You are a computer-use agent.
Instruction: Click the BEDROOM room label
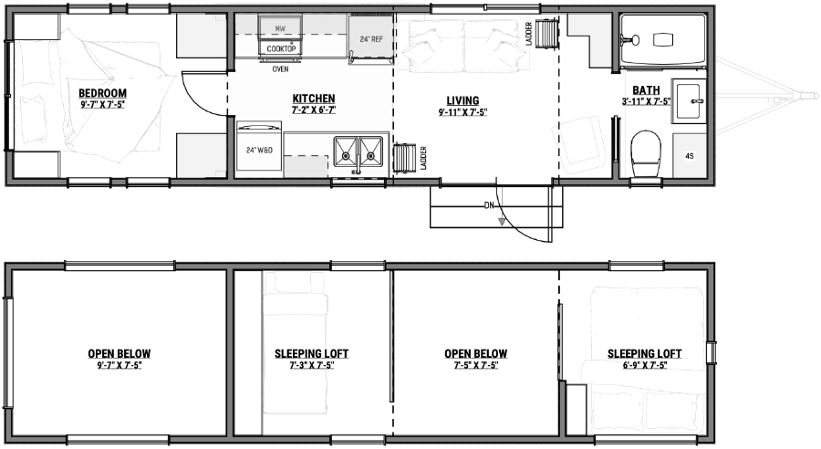click(x=102, y=93)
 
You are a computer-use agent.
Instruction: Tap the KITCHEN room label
click(x=313, y=99)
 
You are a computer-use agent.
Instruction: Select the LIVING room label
click(x=462, y=100)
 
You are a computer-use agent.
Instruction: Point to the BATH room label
click(x=647, y=89)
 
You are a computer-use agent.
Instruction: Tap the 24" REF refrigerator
click(x=370, y=40)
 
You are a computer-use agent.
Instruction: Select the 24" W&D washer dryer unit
click(x=258, y=149)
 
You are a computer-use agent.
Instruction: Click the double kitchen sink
click(x=357, y=150)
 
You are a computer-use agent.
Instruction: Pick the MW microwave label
click(x=280, y=29)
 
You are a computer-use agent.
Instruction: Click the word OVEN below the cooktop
click(x=280, y=68)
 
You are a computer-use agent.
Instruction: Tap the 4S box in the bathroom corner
click(x=689, y=156)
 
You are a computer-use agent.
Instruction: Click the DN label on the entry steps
click(x=489, y=205)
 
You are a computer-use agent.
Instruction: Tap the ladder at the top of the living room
click(x=546, y=35)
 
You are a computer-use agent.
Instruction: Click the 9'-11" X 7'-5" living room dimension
click(x=462, y=112)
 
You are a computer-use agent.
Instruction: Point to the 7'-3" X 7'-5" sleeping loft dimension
click(x=311, y=365)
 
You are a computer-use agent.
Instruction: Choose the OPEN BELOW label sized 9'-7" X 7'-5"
click(x=120, y=365)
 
